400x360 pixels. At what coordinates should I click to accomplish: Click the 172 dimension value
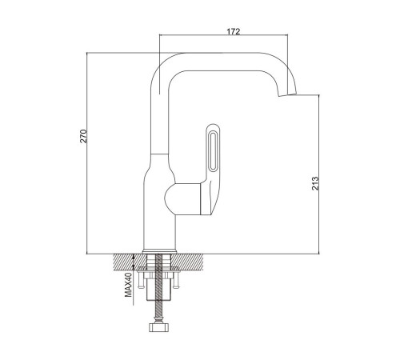[x=234, y=31]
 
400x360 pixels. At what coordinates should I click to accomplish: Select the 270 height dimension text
[x=84, y=136]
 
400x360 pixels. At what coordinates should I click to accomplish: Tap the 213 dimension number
[x=315, y=183]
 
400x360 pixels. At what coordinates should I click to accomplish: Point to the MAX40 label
[x=129, y=285]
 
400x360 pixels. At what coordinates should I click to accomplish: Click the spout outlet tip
[x=287, y=94]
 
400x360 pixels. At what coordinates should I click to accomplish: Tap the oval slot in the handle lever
[x=213, y=151]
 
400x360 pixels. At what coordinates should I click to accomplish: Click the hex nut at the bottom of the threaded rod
[x=158, y=327]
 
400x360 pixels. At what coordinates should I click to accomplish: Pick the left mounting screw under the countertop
[x=141, y=281]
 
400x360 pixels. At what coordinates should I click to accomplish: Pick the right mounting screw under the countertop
[x=175, y=281]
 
